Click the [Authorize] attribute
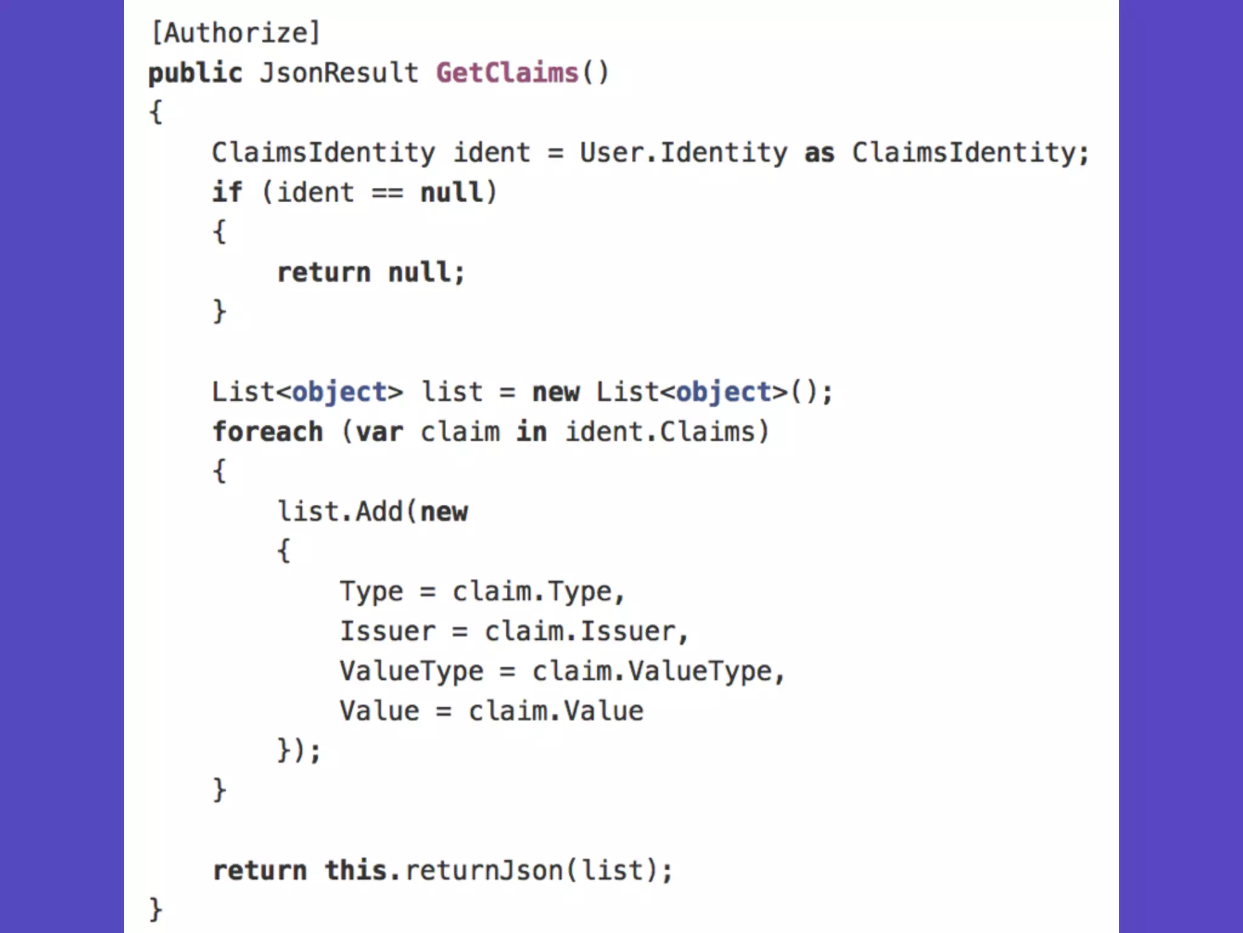235,33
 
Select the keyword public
195,73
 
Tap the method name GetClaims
507,73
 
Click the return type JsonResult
339,73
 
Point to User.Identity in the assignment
683,153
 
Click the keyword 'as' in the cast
819,153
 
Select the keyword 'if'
227,193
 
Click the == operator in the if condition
387,193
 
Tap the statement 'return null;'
371,273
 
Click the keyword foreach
268,432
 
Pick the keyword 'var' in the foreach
379,432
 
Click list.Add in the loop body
340,511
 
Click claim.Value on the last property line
555,711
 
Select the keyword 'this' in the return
355,870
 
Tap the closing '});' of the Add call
299,751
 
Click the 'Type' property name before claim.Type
371,592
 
